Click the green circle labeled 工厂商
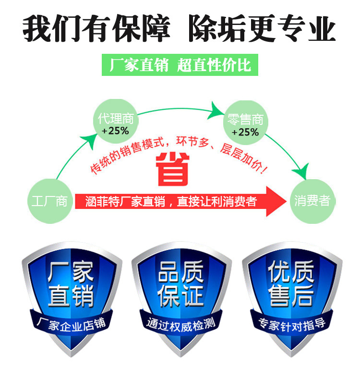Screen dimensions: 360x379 pyautogui.click(x=50, y=201)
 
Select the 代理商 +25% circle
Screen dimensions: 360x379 pyautogui.click(x=116, y=122)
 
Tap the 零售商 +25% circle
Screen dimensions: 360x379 pyautogui.click(x=245, y=122)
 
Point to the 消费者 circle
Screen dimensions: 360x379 pyautogui.click(x=312, y=201)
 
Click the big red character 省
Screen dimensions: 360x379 pyautogui.click(x=173, y=169)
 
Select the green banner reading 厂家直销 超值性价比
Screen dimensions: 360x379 pyautogui.click(x=180, y=65)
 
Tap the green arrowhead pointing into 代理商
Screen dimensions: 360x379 pyautogui.click(x=89, y=141)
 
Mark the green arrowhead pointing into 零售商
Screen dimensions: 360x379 pyautogui.click(x=216, y=110)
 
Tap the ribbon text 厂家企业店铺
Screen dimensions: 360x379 pyautogui.click(x=71, y=324)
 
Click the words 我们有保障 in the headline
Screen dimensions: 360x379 pyautogui.click(x=96, y=28)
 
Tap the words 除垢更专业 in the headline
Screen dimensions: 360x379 pyautogui.click(x=262, y=28)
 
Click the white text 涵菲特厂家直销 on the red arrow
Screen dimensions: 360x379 pyautogui.click(x=125, y=201)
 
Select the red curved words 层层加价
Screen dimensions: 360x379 pyautogui.click(x=242, y=159)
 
